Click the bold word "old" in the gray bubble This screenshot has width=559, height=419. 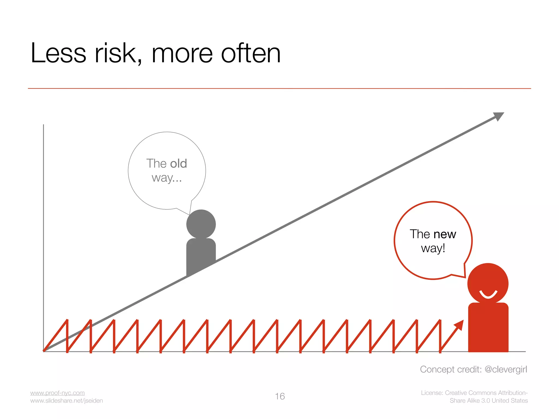point(179,163)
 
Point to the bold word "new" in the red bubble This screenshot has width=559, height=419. point(445,234)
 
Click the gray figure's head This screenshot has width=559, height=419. point(201,224)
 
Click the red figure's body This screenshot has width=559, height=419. point(488,327)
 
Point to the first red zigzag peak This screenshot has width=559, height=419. point(67,321)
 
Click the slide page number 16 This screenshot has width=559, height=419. point(280,396)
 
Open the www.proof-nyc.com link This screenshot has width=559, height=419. point(57,393)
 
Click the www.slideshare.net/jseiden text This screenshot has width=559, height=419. point(66,400)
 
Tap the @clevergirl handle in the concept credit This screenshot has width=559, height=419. point(506,369)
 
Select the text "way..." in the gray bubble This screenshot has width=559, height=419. point(166,178)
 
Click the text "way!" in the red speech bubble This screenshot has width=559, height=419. point(433,249)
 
